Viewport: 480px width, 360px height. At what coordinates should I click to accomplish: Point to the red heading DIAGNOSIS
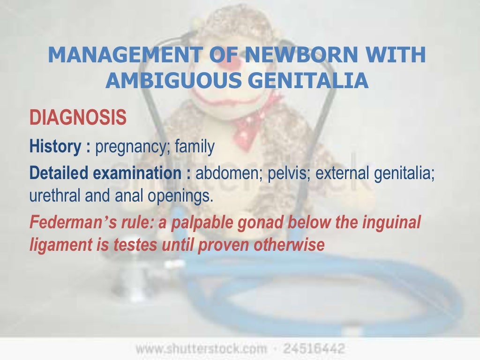pos(78,118)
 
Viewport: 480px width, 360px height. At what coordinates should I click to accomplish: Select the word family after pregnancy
pos(195,147)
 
